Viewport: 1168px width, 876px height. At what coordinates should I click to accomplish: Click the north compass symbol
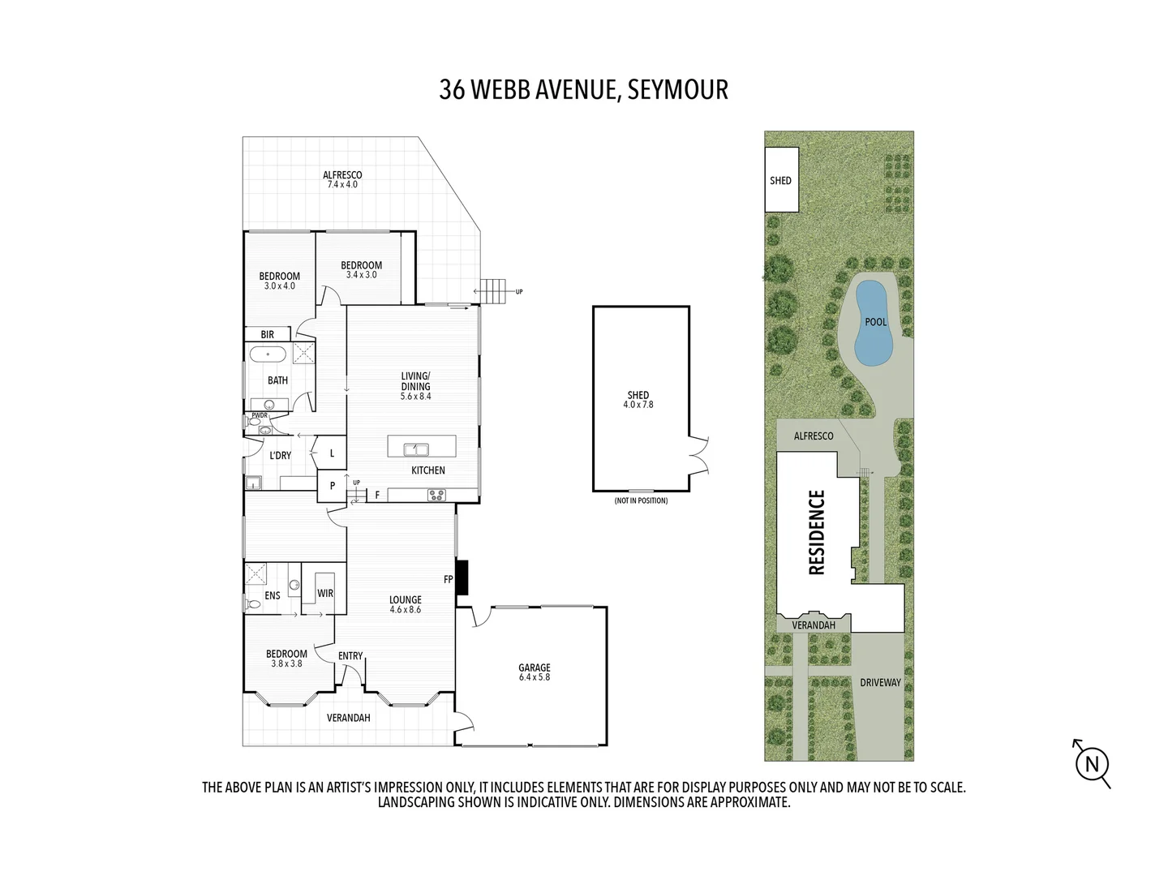pos(1092,763)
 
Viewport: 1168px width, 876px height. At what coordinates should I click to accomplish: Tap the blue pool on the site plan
pos(873,323)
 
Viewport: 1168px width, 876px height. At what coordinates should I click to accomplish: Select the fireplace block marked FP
pos(462,578)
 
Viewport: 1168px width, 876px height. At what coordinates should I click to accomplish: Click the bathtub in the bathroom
pos(267,354)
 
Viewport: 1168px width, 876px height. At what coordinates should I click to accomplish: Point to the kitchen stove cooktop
pos(436,495)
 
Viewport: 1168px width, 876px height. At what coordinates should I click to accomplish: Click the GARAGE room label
pos(534,668)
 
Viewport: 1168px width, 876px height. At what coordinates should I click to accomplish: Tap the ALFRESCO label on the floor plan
pos(342,175)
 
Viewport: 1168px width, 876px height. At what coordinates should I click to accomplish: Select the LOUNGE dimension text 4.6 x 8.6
pos(405,610)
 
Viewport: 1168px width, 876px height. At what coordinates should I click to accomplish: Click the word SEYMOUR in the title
pos(677,89)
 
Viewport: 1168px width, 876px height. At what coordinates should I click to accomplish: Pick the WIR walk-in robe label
pos(325,594)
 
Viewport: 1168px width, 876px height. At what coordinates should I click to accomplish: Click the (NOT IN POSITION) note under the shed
pos(641,500)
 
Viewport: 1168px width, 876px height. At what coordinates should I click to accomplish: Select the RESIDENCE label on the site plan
pos(817,532)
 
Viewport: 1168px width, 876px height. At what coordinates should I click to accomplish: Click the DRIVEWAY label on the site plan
pos(880,682)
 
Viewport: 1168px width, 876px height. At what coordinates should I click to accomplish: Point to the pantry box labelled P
pos(332,487)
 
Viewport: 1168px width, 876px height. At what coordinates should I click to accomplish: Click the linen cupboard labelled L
pos(332,453)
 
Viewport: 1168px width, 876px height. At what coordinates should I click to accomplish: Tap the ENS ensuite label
pos(273,595)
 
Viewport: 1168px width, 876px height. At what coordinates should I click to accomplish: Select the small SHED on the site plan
pos(781,180)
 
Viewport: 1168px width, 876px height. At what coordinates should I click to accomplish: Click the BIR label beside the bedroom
pos(267,334)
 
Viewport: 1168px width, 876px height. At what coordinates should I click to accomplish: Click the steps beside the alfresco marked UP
pos(492,290)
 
